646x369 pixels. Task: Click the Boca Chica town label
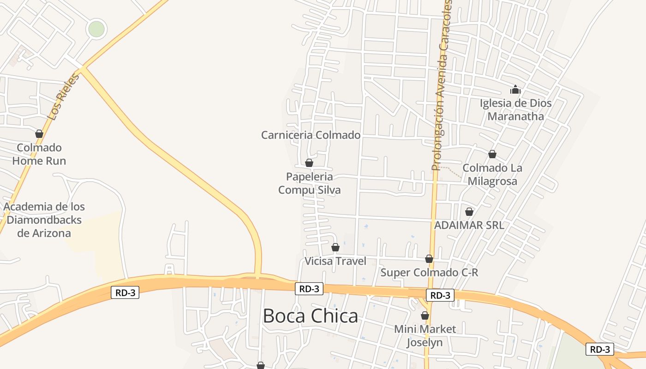(310, 316)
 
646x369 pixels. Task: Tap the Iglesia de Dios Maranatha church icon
(515, 89)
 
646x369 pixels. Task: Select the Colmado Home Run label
(39, 154)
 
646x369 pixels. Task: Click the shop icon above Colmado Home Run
(39, 134)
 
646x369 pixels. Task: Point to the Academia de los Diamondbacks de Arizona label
(44, 220)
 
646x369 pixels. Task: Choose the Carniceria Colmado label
(311, 135)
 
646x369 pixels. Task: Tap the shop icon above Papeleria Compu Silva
(309, 163)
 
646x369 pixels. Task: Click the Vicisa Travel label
(335, 261)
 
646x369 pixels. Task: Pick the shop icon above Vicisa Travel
(335, 247)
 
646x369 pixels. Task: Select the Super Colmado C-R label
(429, 273)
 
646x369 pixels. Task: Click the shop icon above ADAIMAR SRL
(469, 212)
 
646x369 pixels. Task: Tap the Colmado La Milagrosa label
(492, 174)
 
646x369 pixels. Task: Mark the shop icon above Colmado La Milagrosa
(492, 154)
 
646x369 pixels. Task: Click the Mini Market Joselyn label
(425, 336)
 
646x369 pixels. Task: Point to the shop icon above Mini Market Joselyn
(425, 316)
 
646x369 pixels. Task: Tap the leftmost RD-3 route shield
(125, 292)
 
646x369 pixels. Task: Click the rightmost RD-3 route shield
(600, 349)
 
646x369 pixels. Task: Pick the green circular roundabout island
(96, 29)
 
